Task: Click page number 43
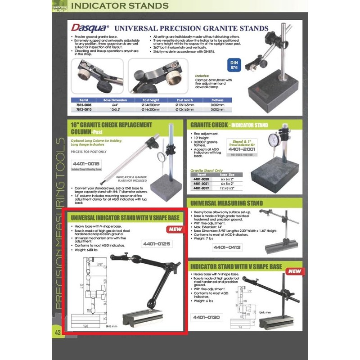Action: point(57,332)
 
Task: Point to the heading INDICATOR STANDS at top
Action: point(120,6)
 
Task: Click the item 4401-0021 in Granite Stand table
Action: point(201,184)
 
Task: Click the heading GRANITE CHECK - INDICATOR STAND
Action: point(229,125)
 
